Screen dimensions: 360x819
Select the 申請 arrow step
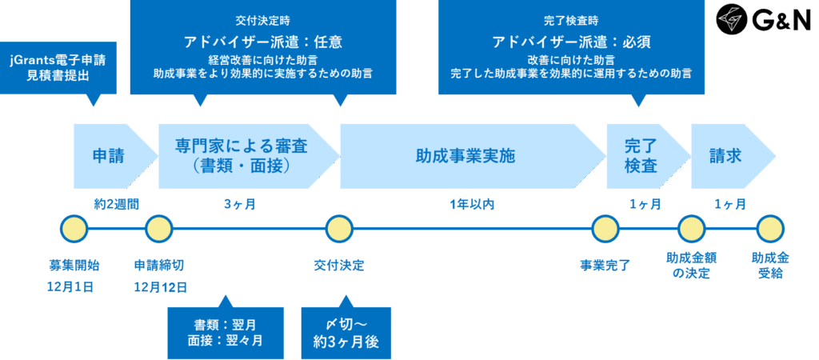click(x=110, y=155)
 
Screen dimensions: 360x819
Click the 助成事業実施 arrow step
click(x=465, y=155)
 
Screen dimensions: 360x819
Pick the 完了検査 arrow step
click(x=641, y=155)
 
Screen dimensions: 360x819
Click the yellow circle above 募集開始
click(x=73, y=229)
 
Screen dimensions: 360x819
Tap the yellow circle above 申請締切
click(x=159, y=229)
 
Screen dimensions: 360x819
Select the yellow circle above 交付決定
click(x=339, y=229)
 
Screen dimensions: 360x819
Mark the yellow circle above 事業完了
click(x=605, y=229)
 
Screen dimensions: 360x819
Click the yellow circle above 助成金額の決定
click(x=692, y=229)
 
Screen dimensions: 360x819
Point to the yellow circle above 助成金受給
click(x=770, y=229)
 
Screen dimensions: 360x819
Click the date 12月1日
click(x=72, y=286)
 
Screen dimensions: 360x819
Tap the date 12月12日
click(x=160, y=286)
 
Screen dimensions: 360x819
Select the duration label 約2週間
click(x=116, y=204)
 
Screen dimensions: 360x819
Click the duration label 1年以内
click(x=471, y=204)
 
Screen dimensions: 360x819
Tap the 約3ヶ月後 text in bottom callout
click(x=346, y=342)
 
